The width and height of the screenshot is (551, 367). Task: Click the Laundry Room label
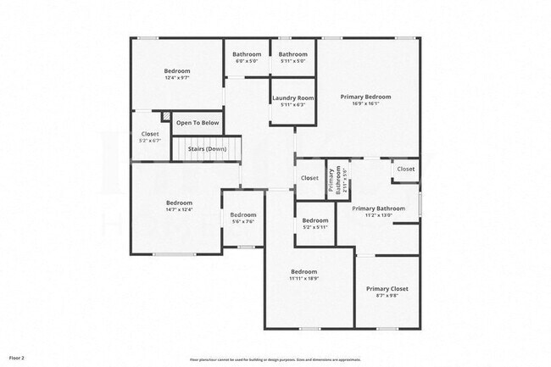point(293,97)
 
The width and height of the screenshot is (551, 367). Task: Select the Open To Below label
point(198,123)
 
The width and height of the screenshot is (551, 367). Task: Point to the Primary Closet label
point(387,289)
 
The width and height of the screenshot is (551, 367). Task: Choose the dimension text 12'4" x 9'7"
point(177,78)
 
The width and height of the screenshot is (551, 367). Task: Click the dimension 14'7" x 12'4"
point(179,209)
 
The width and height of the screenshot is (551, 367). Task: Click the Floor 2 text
point(17,359)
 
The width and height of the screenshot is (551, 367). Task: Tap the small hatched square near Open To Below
point(166,117)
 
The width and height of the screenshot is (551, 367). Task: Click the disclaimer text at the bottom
point(275,359)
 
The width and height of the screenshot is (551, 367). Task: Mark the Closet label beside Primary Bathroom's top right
point(406,169)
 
